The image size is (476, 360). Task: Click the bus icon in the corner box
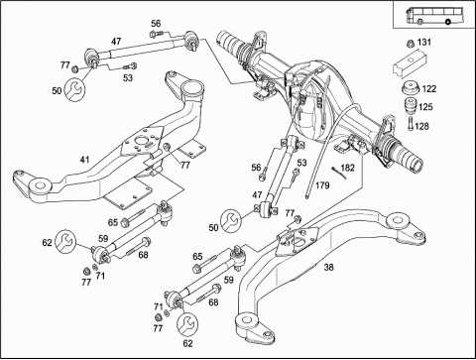point(429,16)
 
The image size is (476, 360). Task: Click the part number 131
point(424,43)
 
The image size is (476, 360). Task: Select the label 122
point(429,89)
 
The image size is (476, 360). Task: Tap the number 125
point(425,107)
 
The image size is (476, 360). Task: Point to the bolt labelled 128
point(411,124)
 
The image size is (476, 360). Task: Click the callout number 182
point(347,168)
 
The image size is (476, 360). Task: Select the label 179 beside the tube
point(322,185)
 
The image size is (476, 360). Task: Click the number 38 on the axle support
point(328,267)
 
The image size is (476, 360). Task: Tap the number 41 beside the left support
point(84,160)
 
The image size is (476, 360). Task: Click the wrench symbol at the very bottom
point(187,324)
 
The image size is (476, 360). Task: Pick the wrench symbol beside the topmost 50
point(74,89)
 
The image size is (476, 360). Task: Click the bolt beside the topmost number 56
point(157,34)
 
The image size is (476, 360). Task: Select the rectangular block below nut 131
point(410,64)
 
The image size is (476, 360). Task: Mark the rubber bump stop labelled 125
point(411,106)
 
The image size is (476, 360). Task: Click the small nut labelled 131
point(411,44)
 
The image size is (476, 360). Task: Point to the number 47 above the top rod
point(116,42)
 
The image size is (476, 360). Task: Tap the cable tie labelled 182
point(339,173)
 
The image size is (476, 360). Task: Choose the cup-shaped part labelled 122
point(411,87)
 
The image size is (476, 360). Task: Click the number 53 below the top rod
point(128,77)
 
